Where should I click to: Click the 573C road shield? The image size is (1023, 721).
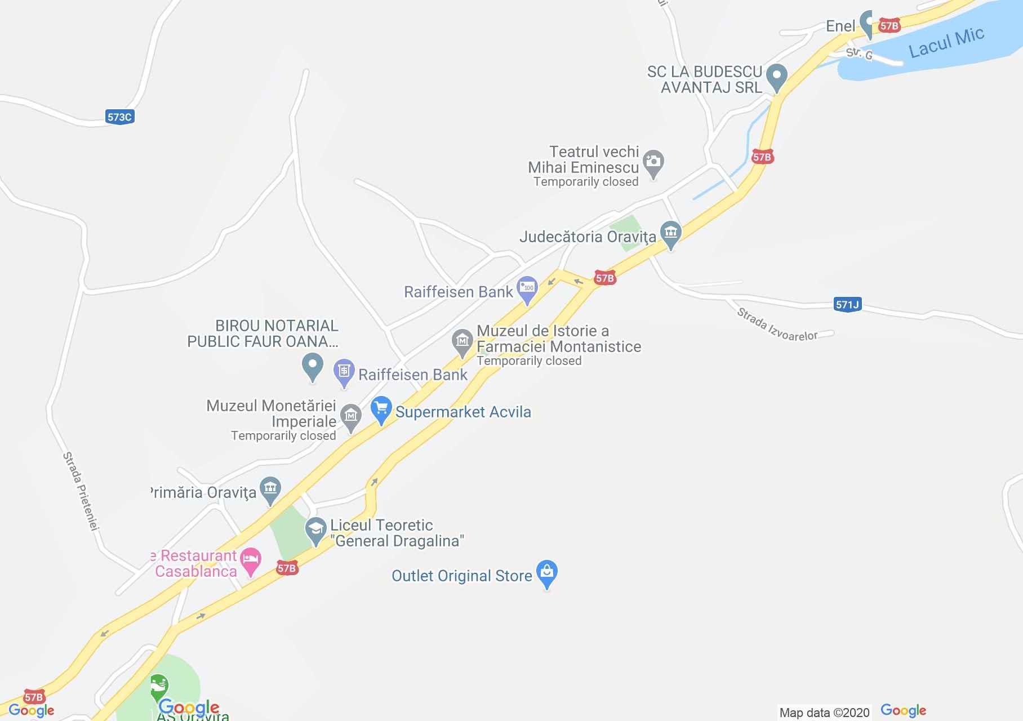[x=119, y=117]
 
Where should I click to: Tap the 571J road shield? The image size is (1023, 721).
[x=847, y=305]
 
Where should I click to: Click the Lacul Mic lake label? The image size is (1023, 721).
[x=946, y=42]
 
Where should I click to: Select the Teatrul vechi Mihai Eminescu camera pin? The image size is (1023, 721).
[x=653, y=162]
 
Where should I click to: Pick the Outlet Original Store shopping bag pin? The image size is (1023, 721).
[x=546, y=573]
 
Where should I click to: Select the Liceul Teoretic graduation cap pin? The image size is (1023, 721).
[x=315, y=530]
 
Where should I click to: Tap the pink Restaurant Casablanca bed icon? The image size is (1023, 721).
[x=251, y=560]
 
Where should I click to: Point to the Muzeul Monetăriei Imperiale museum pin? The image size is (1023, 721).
[x=351, y=417]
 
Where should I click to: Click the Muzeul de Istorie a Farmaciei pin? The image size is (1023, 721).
[x=462, y=341]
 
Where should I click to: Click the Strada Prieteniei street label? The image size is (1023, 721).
[x=81, y=491]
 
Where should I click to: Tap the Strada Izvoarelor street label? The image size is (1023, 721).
[x=777, y=325]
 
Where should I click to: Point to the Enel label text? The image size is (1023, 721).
[x=840, y=26]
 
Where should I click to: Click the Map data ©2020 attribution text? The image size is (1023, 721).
[x=824, y=713]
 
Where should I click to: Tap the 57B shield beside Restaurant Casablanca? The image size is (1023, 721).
[x=287, y=568]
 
